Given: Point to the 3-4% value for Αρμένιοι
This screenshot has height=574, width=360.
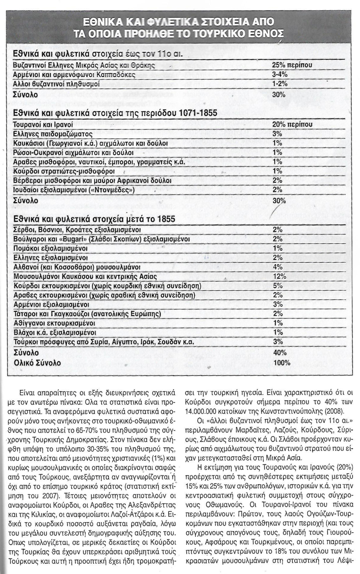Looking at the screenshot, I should (280, 74).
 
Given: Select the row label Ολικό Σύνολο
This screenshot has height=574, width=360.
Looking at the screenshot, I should (37, 363).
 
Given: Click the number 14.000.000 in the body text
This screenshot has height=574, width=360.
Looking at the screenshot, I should (206, 411).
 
